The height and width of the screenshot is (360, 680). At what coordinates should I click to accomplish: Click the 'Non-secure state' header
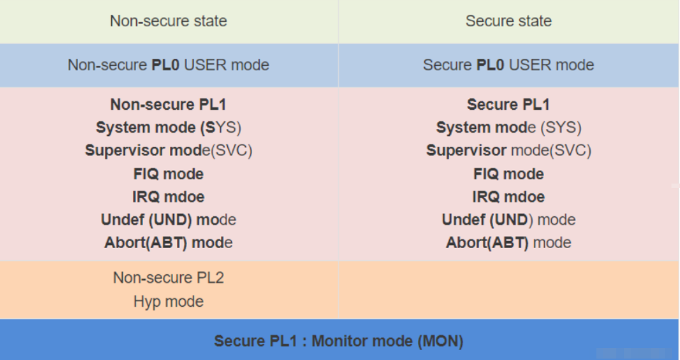[x=169, y=21]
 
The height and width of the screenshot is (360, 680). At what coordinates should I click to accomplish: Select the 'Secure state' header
[x=509, y=21]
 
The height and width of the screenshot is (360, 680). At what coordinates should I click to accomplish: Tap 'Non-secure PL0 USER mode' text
[x=169, y=65]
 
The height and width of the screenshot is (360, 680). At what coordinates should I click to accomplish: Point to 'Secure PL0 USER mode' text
[x=509, y=65]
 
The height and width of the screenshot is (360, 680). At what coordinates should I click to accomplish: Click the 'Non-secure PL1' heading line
[x=169, y=105]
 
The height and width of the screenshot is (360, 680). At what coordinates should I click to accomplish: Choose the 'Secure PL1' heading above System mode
[x=509, y=105]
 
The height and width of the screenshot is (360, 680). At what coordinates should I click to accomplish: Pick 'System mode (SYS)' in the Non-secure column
[x=169, y=128]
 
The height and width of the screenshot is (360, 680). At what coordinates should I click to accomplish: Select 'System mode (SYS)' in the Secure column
[x=509, y=128]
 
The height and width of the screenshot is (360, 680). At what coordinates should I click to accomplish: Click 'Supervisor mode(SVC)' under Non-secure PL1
[x=169, y=150]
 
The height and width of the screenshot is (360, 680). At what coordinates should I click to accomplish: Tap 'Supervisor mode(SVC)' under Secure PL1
[x=509, y=150]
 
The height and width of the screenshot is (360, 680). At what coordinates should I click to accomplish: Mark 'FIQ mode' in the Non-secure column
[x=169, y=174]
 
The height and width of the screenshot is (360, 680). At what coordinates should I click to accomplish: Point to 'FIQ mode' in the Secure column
[x=509, y=174]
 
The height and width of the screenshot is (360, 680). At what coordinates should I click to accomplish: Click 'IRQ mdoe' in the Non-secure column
[x=169, y=197]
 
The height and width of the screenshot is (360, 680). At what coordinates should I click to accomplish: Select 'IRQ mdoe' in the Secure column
[x=509, y=197]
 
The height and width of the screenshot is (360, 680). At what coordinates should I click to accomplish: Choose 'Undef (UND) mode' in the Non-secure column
[x=169, y=220]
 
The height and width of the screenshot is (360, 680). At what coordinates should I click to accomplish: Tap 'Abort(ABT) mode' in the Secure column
[x=509, y=242]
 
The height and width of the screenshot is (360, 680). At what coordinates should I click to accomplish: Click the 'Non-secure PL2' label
[x=169, y=278]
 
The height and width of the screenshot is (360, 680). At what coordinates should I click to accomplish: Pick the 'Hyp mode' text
[x=169, y=301]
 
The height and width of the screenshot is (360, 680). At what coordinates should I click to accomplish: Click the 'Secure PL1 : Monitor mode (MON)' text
[x=339, y=341]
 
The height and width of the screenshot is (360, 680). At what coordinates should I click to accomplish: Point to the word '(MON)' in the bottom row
[x=441, y=341]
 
